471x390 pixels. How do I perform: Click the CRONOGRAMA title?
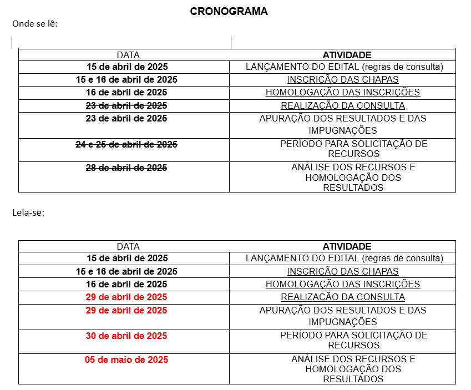click(229, 11)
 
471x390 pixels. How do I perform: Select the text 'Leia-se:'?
click(28, 212)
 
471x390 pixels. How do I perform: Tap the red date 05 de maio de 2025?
click(126, 359)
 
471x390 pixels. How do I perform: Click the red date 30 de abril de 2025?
click(126, 336)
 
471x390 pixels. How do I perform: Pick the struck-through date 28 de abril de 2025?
click(126, 168)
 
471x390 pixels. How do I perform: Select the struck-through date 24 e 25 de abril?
click(126, 144)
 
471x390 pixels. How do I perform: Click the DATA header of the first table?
click(128, 55)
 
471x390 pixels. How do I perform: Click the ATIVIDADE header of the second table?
click(347, 246)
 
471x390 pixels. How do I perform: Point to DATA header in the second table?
click(128, 246)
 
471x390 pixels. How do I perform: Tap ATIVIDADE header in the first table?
click(347, 55)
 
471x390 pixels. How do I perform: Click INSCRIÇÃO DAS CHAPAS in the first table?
click(343, 79)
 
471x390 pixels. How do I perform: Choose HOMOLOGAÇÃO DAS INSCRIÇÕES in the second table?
click(343, 284)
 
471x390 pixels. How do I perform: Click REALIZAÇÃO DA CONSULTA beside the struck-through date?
click(343, 105)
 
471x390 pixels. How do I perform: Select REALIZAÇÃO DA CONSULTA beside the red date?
click(343, 297)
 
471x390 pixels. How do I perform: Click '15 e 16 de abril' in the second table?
click(126, 271)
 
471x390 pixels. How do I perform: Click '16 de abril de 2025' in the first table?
click(126, 92)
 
